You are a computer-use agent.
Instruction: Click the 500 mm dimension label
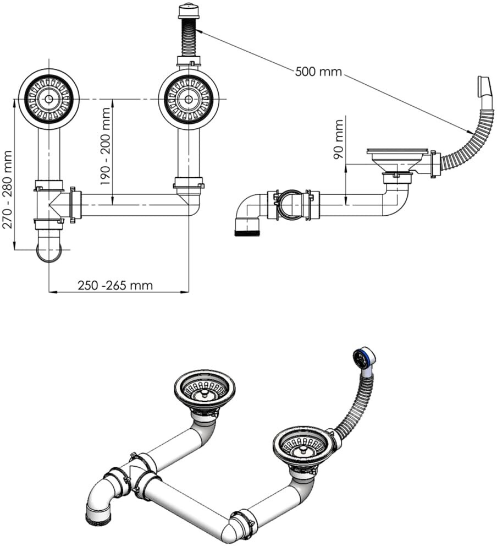[318, 72]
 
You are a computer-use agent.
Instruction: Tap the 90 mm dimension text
[338, 139]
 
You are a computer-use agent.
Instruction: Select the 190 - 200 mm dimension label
[106, 146]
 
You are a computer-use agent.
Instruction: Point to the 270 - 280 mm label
[7, 189]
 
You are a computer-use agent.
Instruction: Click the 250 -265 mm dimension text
[115, 286]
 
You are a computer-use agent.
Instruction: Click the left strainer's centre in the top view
[49, 99]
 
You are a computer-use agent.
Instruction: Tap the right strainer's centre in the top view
[189, 99]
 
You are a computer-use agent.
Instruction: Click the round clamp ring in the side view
[291, 205]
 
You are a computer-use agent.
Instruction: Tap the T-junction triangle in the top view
[56, 205]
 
